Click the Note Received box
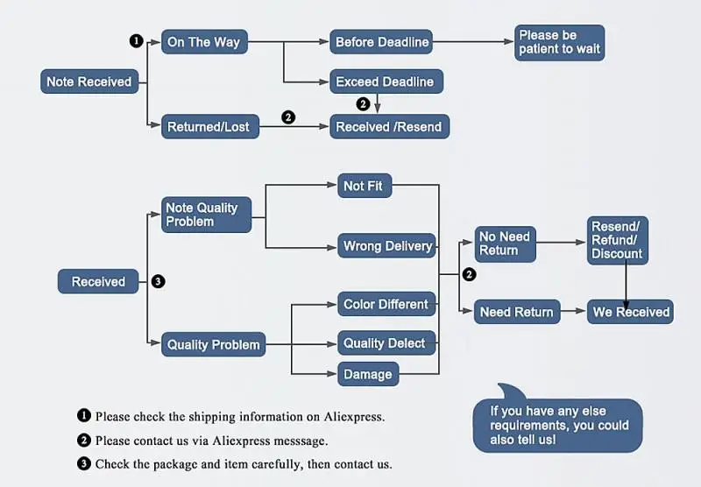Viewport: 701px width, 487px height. (x=89, y=81)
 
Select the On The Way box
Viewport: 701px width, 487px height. (x=203, y=42)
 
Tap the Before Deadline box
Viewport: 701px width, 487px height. (x=382, y=42)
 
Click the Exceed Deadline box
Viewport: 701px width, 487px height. (x=385, y=82)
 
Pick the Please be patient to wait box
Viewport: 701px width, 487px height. (x=559, y=42)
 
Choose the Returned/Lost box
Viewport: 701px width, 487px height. (x=209, y=127)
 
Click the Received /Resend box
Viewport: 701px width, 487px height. (x=389, y=127)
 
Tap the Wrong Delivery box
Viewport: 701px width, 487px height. (x=387, y=246)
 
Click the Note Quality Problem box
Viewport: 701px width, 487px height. (x=205, y=215)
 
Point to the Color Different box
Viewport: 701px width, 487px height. (x=386, y=305)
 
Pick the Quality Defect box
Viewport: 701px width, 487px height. (x=386, y=343)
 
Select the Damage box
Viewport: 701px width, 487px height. (x=368, y=374)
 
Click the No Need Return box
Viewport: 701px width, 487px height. (x=505, y=243)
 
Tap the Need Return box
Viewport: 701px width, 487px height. (x=517, y=312)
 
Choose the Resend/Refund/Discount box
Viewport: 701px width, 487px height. (x=617, y=240)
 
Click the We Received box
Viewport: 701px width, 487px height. (x=631, y=312)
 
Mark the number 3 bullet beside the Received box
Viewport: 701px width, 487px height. (x=158, y=282)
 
